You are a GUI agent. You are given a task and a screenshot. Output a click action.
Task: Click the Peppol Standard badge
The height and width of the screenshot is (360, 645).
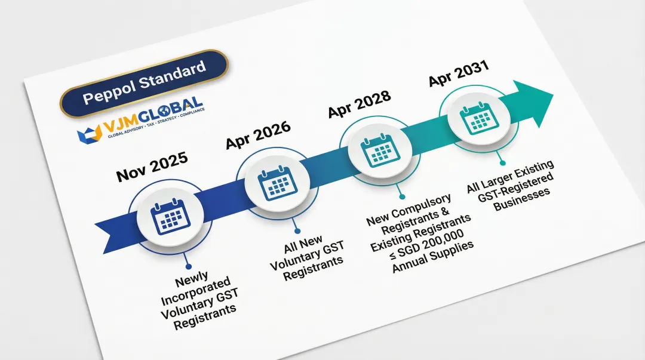[x=144, y=83]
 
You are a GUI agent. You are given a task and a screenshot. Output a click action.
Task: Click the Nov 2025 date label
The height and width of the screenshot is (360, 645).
[x=152, y=167]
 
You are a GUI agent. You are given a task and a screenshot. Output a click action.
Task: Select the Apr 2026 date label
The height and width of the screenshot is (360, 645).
[x=258, y=135]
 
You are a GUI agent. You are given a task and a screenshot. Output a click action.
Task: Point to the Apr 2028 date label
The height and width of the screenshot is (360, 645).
[x=360, y=104]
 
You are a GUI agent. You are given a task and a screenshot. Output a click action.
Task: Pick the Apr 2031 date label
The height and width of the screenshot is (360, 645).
[x=458, y=73]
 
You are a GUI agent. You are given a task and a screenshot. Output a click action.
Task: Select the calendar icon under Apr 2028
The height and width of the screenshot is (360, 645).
[x=377, y=149]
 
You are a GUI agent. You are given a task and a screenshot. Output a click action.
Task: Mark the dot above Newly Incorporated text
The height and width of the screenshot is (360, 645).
[x=188, y=267]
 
